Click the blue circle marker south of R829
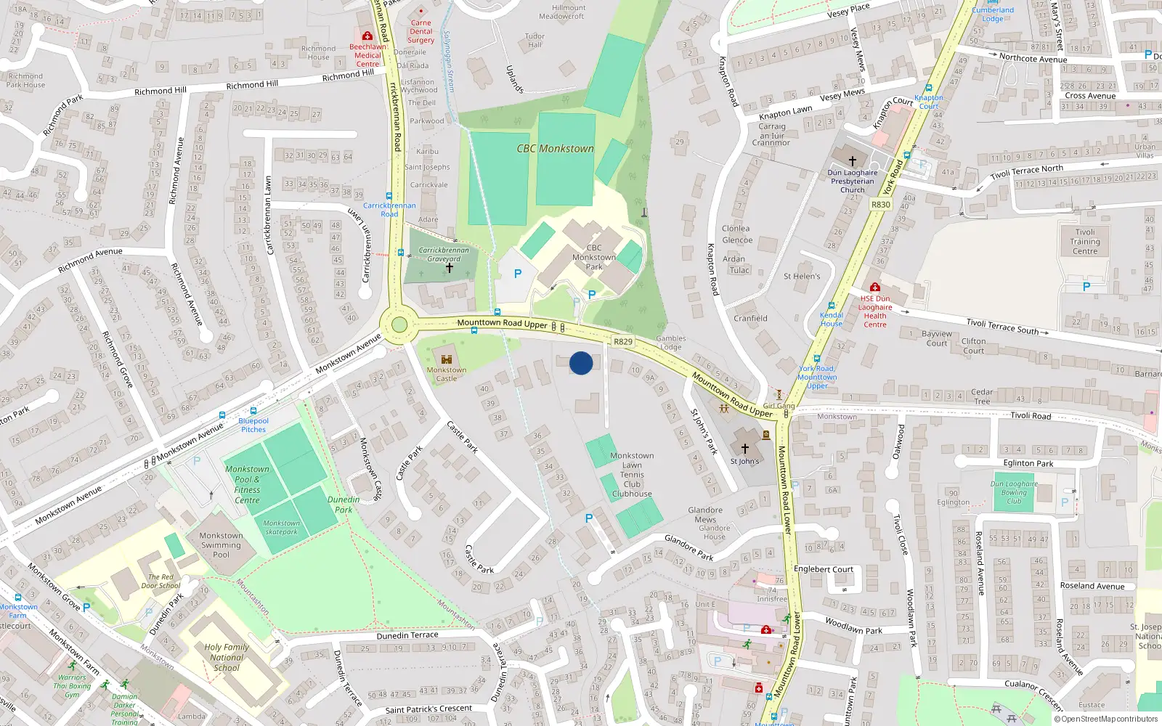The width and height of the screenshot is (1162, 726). pyautogui.click(x=581, y=363)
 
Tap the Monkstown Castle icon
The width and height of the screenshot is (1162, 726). pyautogui.click(x=447, y=359)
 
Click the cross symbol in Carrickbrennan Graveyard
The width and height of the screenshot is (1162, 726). pyautogui.click(x=450, y=268)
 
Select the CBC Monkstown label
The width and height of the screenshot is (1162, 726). pyautogui.click(x=555, y=149)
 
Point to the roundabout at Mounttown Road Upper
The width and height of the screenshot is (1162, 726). pyautogui.click(x=399, y=325)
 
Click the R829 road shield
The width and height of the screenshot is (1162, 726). pyautogui.click(x=623, y=341)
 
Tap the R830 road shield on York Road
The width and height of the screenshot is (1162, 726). pyautogui.click(x=880, y=205)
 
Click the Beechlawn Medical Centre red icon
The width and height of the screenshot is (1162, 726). pyautogui.click(x=367, y=36)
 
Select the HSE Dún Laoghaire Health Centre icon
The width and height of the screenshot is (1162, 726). pyautogui.click(x=874, y=287)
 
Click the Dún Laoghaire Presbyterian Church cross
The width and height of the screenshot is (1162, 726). pyautogui.click(x=853, y=160)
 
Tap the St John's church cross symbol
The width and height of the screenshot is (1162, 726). pyautogui.click(x=744, y=449)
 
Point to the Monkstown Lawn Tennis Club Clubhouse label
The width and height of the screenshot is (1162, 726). pyautogui.click(x=632, y=475)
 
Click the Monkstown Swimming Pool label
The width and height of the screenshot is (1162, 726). pyautogui.click(x=221, y=545)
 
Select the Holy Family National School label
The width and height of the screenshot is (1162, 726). pyautogui.click(x=227, y=657)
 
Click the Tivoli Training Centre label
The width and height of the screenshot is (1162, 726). pyautogui.click(x=1085, y=242)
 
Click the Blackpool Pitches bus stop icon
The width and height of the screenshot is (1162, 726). pyautogui.click(x=253, y=411)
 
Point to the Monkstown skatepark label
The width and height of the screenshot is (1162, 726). pyautogui.click(x=281, y=527)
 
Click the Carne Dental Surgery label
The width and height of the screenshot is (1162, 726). pyautogui.click(x=420, y=31)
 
